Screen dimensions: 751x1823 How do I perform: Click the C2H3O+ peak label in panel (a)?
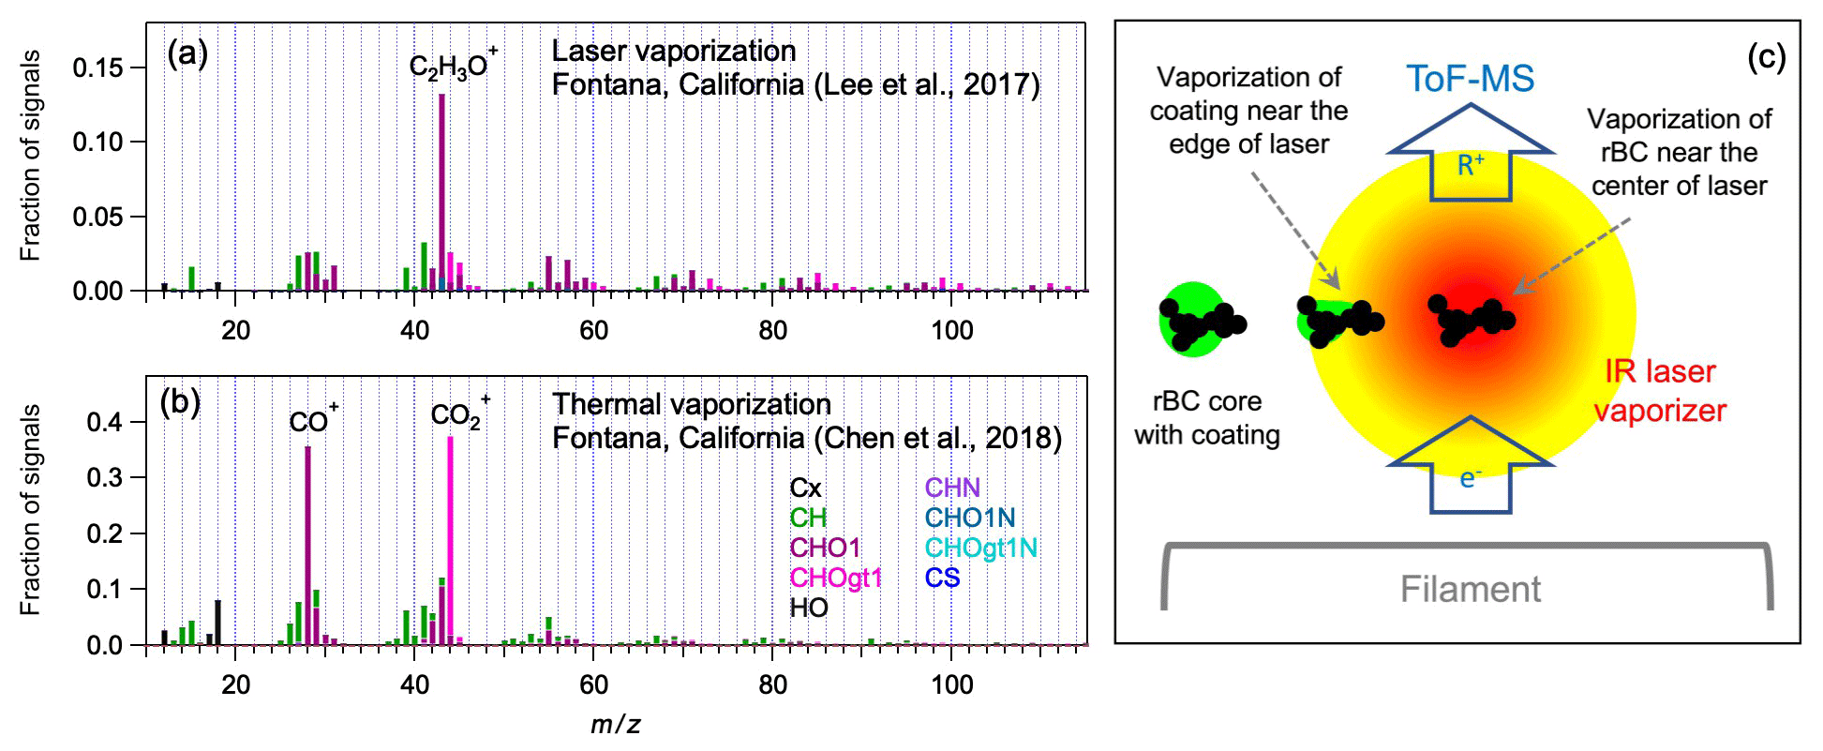coord(453,66)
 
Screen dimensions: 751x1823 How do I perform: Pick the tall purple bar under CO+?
coord(307,544)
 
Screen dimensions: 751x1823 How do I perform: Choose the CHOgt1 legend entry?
coord(835,578)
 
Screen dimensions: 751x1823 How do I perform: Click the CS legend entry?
coord(942,578)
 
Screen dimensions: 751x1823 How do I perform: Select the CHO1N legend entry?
coord(969,518)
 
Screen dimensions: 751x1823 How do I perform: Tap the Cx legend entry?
coord(805,488)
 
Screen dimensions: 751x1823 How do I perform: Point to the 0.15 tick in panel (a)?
coord(97,68)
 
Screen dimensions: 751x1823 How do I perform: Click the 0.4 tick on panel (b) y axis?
coord(104,422)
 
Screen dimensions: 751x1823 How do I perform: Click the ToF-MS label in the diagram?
coord(1470,79)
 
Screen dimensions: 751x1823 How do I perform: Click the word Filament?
coord(1470,589)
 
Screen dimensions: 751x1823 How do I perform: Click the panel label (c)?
coord(1767,58)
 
